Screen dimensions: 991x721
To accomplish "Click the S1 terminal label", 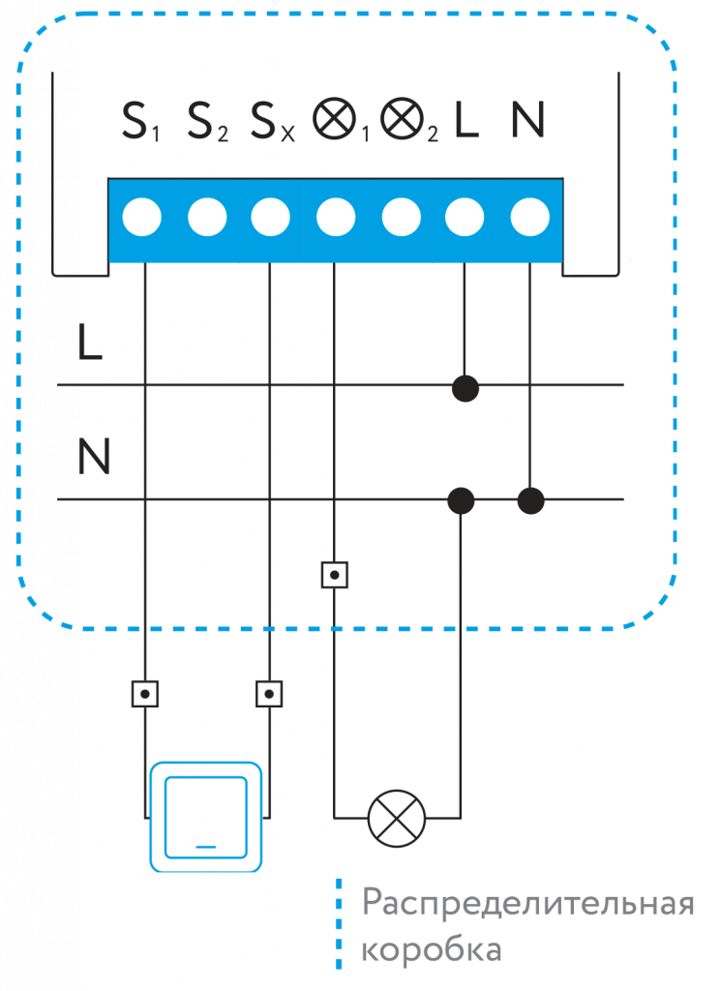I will click(141, 121).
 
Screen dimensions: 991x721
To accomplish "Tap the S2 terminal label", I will click(207, 121).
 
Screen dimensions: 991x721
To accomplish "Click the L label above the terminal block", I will click(466, 120).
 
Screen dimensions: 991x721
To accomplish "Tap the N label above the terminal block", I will click(528, 120).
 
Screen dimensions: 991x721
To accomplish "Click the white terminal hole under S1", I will click(141, 217).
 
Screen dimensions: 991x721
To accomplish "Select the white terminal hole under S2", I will click(207, 217).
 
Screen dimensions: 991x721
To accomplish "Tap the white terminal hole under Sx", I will click(271, 217).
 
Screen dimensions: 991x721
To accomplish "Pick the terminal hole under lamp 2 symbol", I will click(401, 217).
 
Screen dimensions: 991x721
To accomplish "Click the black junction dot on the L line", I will click(466, 387).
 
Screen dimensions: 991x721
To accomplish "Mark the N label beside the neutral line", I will click(93, 457).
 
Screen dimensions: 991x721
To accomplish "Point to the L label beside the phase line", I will click(89, 344).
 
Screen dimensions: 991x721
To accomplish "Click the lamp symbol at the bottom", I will click(397, 818).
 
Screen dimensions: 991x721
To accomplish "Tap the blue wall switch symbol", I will click(205, 816).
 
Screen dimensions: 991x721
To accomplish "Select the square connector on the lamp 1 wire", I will click(334, 576).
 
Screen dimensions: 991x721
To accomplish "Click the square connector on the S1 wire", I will click(144, 694).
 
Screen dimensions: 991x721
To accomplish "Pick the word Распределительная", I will click(528, 905).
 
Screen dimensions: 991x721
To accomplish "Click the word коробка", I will click(432, 950).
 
